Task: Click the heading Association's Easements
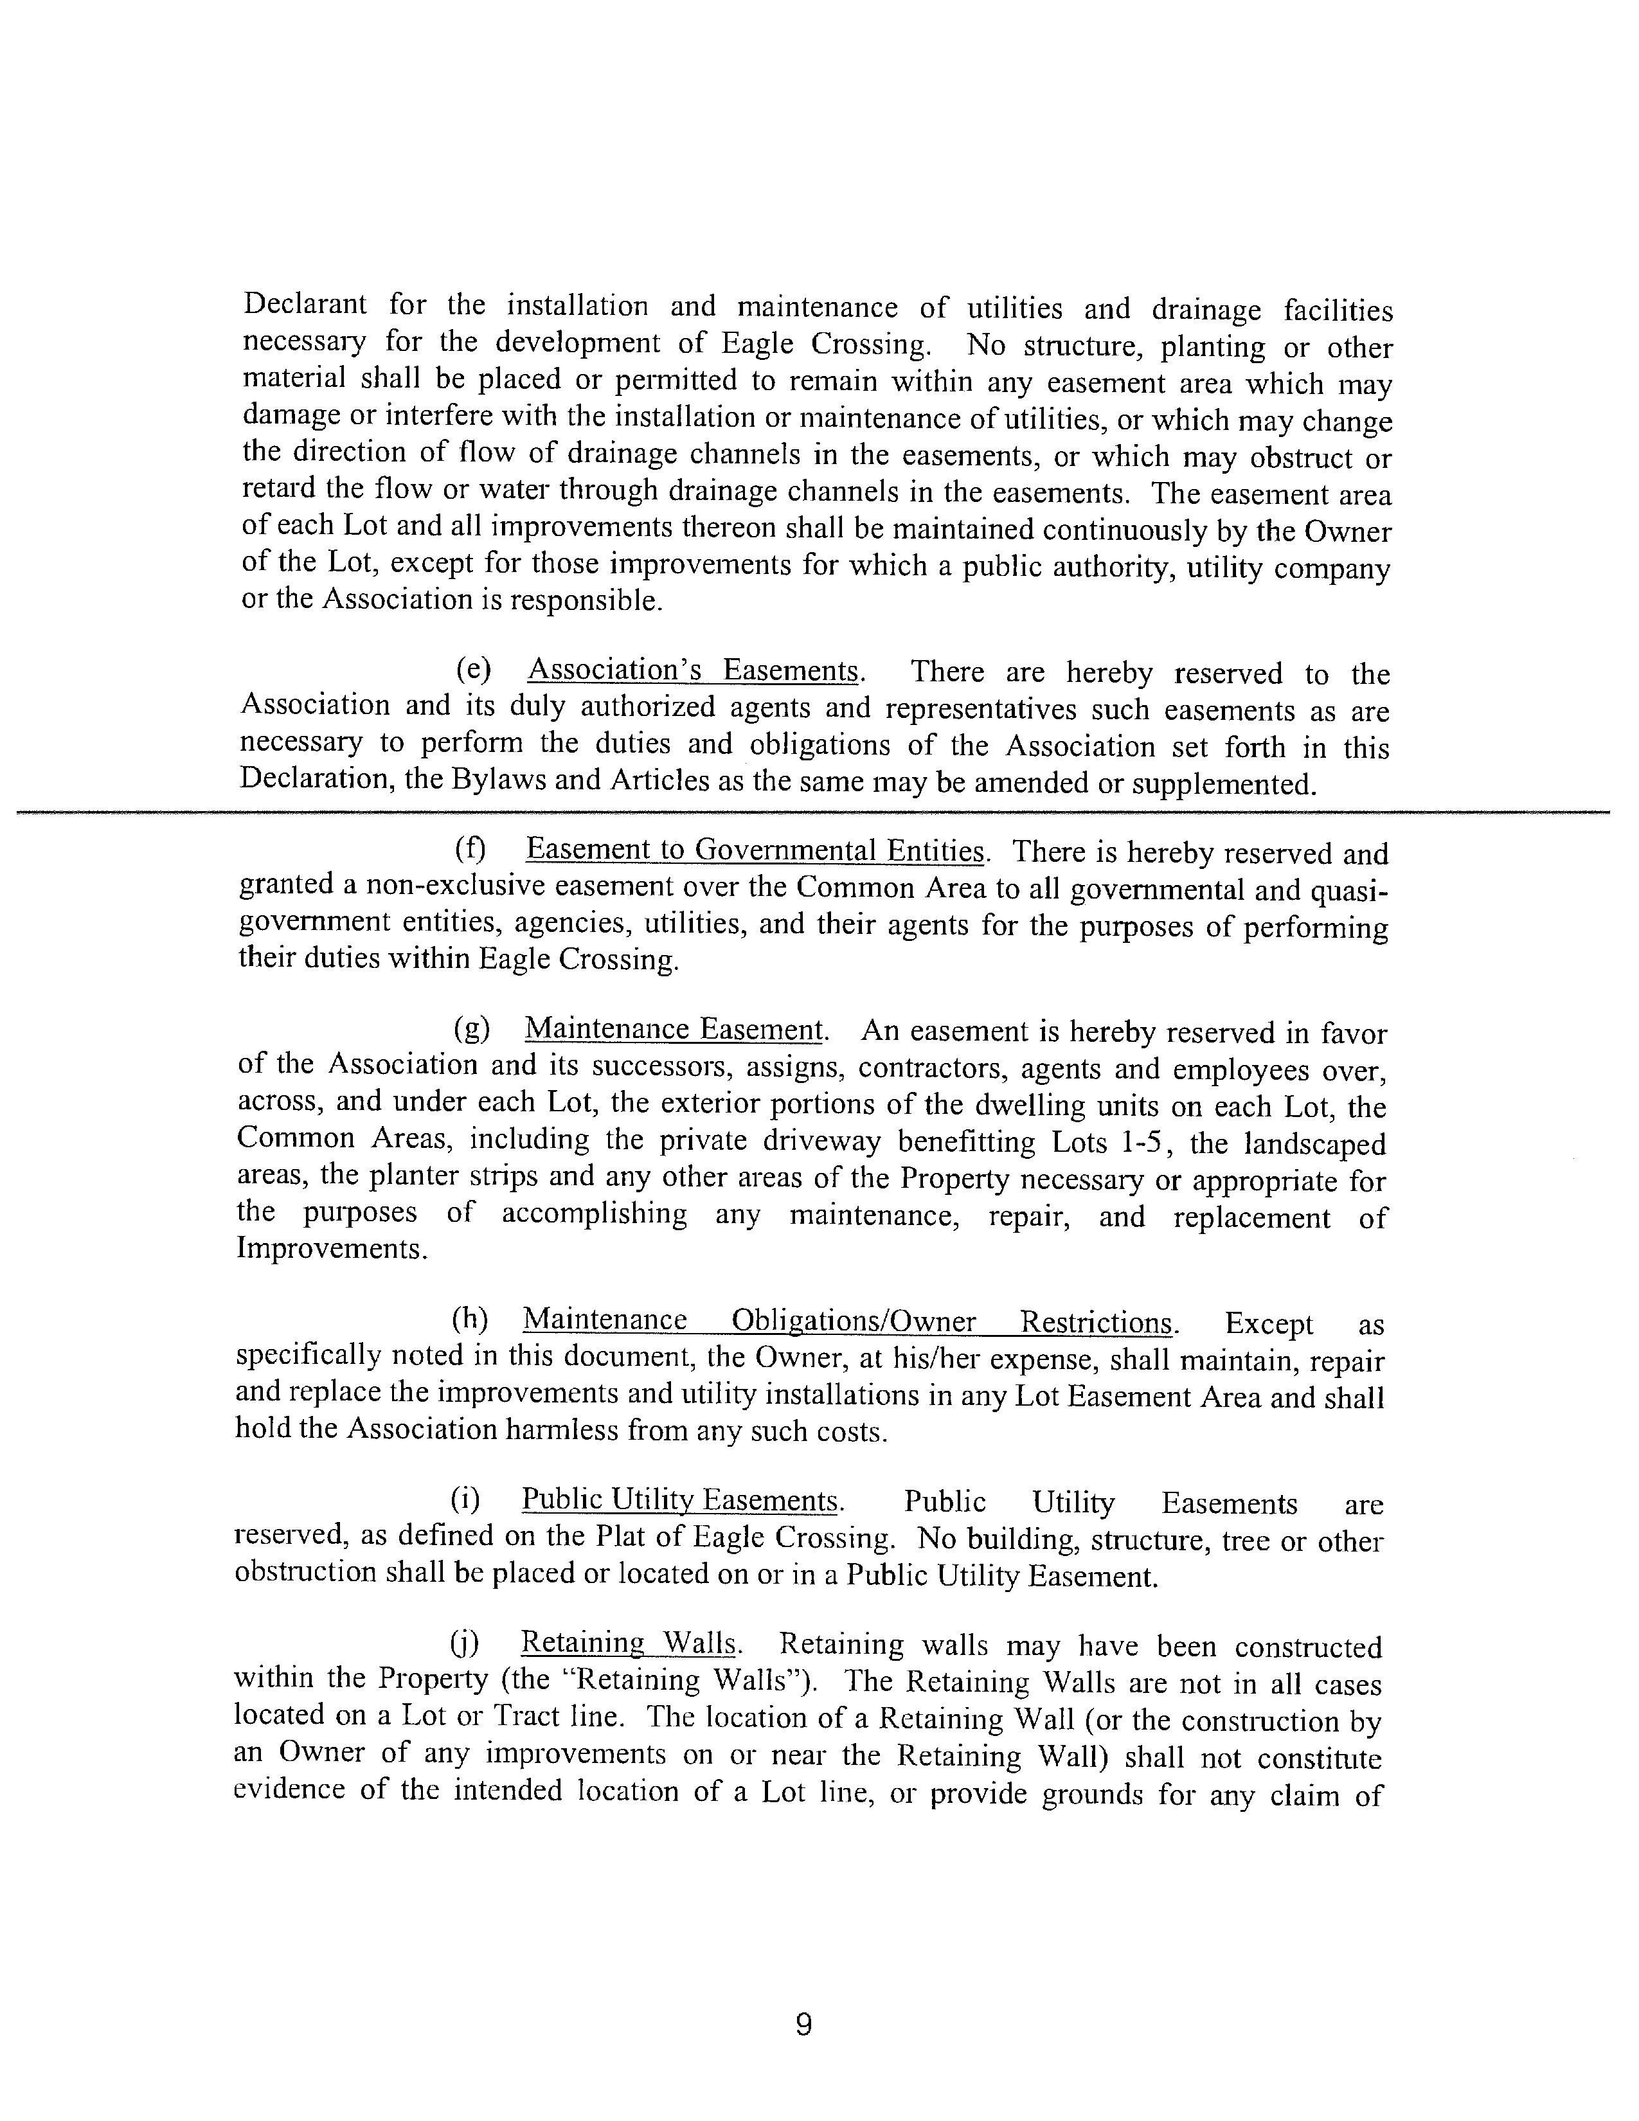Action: (695, 670)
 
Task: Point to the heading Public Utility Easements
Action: (679, 1500)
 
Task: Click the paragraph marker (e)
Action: (474, 670)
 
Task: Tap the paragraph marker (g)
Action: (472, 1028)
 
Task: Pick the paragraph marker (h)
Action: (470, 1320)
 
